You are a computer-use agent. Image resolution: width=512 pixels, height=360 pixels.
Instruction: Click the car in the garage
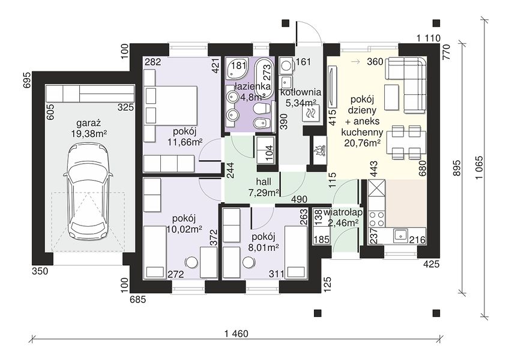click(x=88, y=193)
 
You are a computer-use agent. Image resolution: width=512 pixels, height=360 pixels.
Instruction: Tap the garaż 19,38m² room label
click(x=88, y=128)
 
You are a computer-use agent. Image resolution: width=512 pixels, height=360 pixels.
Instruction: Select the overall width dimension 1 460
click(x=236, y=334)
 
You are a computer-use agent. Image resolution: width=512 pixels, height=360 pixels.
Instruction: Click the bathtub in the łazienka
click(x=264, y=78)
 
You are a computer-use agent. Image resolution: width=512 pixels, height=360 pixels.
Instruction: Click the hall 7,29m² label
click(x=264, y=187)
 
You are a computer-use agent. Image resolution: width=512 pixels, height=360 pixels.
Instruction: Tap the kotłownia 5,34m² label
click(x=300, y=98)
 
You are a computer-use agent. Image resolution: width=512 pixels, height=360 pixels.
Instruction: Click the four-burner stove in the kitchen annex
click(x=376, y=219)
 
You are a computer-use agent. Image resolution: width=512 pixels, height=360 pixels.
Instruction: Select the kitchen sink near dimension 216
click(x=400, y=235)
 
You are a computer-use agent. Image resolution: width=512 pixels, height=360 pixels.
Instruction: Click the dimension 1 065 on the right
click(x=479, y=168)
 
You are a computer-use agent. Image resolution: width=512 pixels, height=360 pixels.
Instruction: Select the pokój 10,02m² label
click(x=184, y=224)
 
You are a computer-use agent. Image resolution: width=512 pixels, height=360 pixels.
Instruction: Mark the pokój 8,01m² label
click(x=263, y=242)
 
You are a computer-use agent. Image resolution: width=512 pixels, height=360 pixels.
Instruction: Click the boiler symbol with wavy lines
click(x=310, y=113)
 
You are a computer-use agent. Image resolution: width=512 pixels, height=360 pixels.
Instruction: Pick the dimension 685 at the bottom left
click(x=138, y=299)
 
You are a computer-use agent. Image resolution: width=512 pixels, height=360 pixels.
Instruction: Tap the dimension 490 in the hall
click(x=299, y=199)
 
